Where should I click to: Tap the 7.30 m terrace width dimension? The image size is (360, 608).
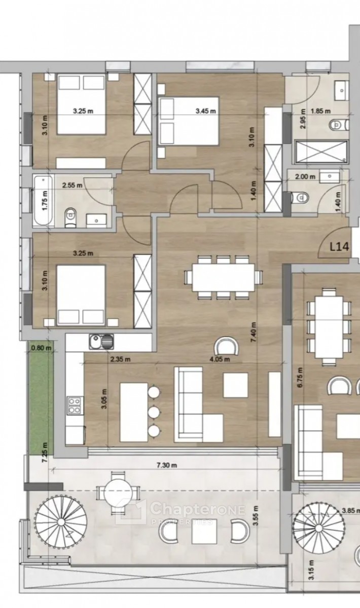point(166,465)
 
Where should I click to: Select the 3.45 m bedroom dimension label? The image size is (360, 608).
point(206,111)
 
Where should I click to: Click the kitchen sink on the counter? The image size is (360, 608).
point(101,341)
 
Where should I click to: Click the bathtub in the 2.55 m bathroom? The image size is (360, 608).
point(44,200)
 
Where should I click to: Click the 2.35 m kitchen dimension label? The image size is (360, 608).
point(120,359)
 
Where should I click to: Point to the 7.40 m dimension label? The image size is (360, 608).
point(253,332)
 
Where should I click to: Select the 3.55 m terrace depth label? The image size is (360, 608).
point(255,516)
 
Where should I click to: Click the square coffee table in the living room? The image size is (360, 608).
point(236,385)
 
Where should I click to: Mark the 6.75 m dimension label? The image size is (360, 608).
point(300,377)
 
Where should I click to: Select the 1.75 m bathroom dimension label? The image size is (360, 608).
point(45,201)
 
